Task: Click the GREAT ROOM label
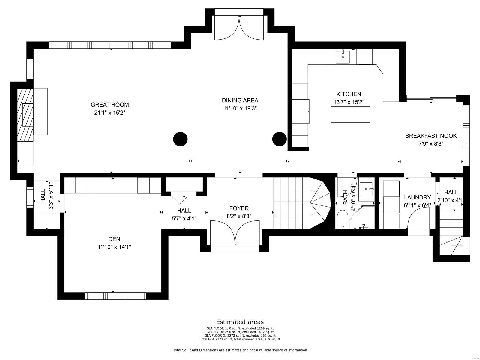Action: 110,105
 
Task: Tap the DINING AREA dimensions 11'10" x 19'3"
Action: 240,108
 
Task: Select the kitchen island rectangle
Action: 350,114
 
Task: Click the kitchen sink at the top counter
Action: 343,57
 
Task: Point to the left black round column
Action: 180,139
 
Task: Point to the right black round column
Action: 279,139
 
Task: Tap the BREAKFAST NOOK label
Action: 431,136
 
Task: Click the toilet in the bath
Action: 342,219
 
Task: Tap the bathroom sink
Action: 366,189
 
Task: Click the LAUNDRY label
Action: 417,197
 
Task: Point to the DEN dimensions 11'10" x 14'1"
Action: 114,247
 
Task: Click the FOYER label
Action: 239,208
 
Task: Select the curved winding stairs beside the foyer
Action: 319,204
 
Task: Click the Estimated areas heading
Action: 240,322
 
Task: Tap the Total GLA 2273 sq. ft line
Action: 240,339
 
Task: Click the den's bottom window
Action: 115,296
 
